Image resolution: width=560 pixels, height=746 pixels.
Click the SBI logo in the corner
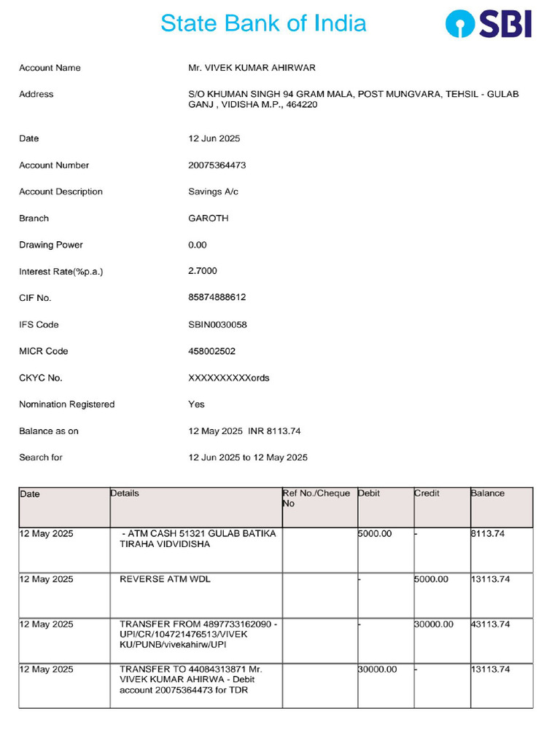(x=489, y=23)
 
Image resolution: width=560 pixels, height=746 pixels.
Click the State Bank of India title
(x=263, y=23)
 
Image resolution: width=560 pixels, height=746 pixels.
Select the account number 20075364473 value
(x=217, y=165)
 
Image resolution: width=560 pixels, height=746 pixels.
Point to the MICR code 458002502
(x=211, y=351)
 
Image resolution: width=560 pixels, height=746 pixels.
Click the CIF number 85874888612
(x=217, y=298)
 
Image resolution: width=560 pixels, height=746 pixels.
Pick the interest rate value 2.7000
(x=203, y=271)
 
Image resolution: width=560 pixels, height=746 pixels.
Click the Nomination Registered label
(x=66, y=404)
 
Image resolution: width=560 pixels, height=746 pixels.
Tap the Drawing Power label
(x=51, y=245)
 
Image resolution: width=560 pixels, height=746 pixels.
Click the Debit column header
(x=369, y=494)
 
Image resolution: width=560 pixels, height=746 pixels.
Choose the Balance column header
(x=488, y=494)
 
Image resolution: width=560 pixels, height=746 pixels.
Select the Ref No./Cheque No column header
(x=316, y=498)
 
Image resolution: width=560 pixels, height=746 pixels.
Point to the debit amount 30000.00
(x=378, y=670)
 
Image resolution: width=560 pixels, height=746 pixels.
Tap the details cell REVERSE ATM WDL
(x=165, y=580)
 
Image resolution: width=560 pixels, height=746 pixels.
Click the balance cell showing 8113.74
(x=489, y=534)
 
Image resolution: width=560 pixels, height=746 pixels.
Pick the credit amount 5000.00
(x=432, y=580)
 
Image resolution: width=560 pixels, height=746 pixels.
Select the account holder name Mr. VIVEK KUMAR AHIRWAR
(x=252, y=68)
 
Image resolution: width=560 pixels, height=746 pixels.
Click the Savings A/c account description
(x=213, y=192)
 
